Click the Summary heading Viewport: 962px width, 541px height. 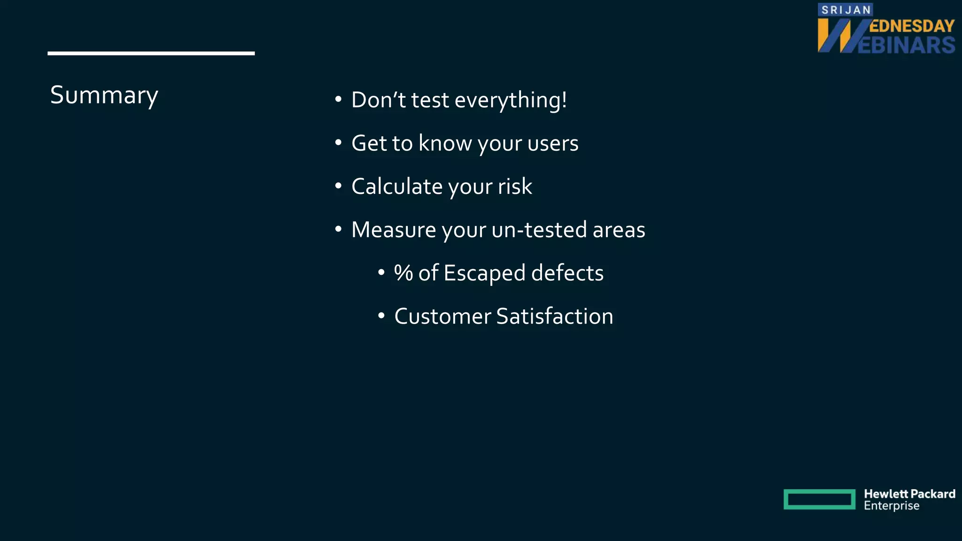tap(104, 95)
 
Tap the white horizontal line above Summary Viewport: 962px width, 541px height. tap(151, 54)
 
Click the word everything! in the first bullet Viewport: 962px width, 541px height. tap(511, 100)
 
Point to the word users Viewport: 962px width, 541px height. tap(553, 143)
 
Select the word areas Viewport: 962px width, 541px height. tap(619, 230)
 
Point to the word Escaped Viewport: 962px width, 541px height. tap(484, 273)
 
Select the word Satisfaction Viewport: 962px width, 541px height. tap(555, 316)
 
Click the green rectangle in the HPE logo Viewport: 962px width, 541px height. tap(819, 499)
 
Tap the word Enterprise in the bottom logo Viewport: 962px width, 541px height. tap(892, 506)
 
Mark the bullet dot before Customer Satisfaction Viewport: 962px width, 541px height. tap(381, 316)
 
